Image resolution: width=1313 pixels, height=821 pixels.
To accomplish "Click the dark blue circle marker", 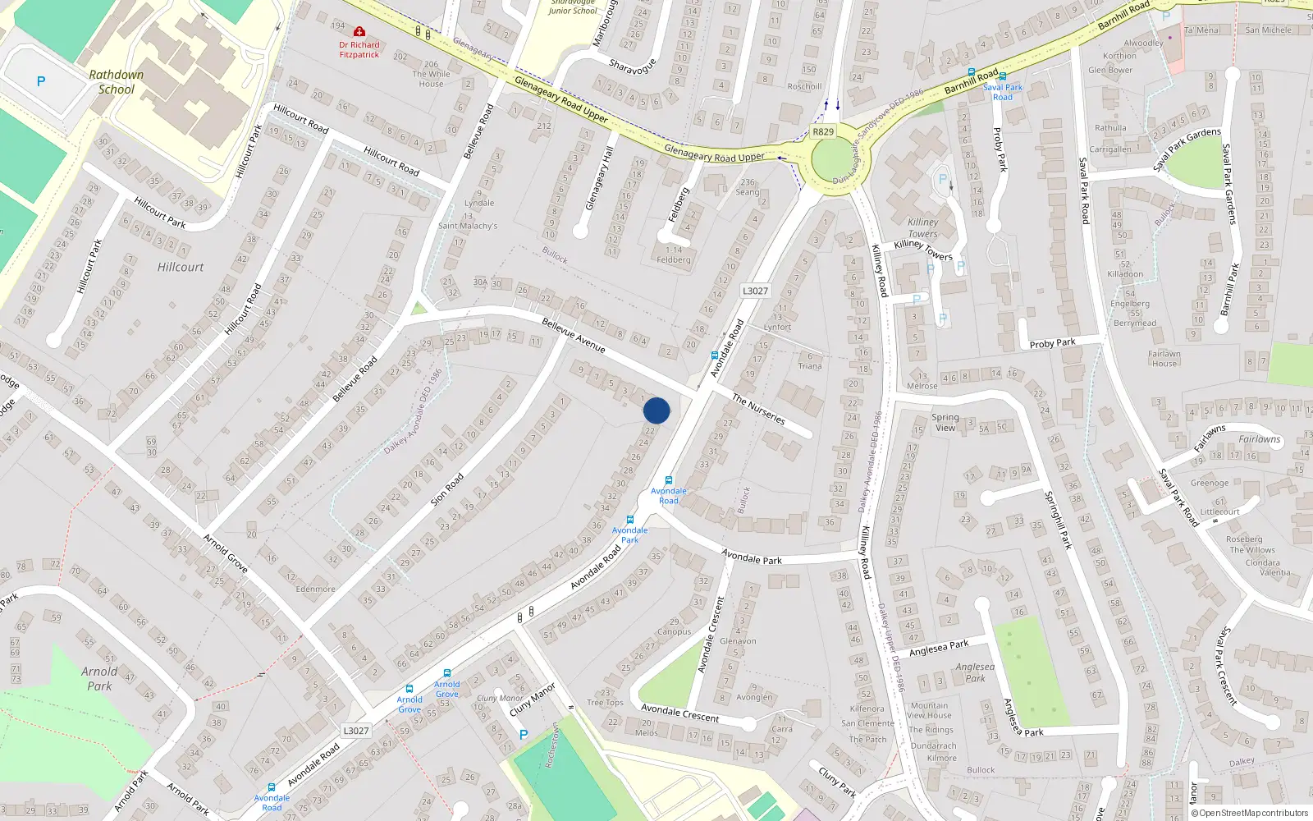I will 656,410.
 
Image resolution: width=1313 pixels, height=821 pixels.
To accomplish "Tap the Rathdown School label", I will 116,82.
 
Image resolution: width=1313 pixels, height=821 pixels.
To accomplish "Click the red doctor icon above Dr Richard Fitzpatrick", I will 359,32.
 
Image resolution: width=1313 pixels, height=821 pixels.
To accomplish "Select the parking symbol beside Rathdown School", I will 41,81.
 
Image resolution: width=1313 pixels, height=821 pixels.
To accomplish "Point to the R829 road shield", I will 822,131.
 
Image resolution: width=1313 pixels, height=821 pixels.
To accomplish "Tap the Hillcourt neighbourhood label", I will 181,267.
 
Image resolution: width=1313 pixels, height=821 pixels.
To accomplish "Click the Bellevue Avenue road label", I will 574,336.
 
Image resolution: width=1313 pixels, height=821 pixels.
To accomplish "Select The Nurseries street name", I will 758,409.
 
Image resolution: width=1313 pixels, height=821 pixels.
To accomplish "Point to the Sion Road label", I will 447,488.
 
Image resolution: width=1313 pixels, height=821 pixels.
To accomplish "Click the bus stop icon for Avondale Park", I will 629,520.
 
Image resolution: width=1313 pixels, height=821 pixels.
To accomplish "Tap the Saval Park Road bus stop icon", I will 1003,76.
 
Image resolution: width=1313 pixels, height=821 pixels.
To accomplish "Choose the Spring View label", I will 945,422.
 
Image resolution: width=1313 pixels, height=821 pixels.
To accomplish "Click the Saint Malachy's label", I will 468,226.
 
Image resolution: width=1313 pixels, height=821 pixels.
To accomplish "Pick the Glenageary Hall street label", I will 600,178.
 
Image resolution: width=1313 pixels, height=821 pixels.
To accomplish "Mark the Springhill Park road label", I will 1058,520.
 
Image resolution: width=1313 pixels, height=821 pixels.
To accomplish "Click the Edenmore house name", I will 315,589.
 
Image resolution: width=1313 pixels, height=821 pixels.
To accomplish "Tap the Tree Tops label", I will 605,703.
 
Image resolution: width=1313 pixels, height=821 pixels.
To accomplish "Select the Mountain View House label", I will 929,710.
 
